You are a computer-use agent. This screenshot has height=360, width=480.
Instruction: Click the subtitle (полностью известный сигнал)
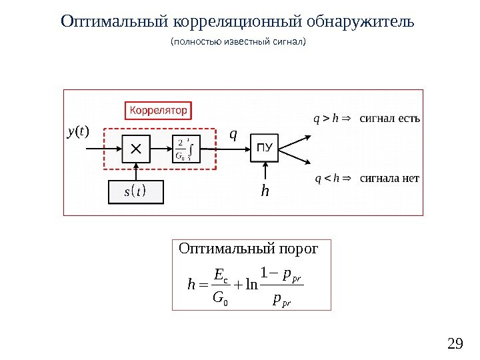click(238, 42)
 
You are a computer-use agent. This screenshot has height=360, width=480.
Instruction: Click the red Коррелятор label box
click(158, 109)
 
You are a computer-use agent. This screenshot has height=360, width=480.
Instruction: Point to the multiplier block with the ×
click(136, 149)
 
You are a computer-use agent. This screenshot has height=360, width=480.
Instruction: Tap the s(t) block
click(135, 193)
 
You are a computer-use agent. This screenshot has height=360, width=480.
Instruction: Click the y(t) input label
click(78, 132)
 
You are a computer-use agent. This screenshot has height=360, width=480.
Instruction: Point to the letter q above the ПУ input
click(233, 134)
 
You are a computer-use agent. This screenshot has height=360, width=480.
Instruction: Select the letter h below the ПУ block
click(265, 192)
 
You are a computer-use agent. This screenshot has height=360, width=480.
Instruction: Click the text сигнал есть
click(390, 119)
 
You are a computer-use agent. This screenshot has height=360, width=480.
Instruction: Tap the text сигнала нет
click(389, 178)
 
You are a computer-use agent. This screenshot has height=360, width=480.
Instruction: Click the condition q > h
click(327, 120)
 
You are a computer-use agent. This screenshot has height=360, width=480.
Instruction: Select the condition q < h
click(327, 178)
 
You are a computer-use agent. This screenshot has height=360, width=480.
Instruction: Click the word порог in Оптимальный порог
click(299, 249)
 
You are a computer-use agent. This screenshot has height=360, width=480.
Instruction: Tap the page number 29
click(455, 344)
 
